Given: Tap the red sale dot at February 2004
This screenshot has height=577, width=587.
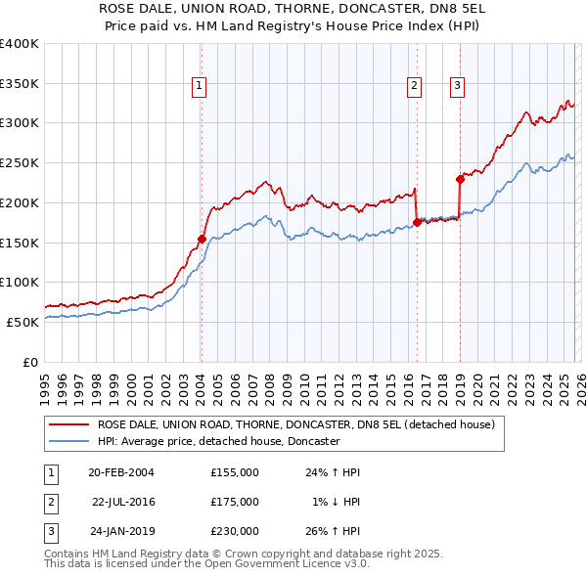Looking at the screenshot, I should [x=202, y=238].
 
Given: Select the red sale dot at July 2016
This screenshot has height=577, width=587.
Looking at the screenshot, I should [x=417, y=222].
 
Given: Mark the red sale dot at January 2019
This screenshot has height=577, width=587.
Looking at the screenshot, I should [x=460, y=178].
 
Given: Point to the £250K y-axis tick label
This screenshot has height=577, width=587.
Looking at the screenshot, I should [x=19, y=163].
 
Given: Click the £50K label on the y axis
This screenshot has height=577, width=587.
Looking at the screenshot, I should [x=22, y=322].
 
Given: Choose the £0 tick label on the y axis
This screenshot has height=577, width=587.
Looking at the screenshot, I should [x=31, y=362].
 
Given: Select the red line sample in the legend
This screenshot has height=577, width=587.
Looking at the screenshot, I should [x=68, y=425].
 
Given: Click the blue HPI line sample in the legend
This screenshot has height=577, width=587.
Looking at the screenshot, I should [x=68, y=442].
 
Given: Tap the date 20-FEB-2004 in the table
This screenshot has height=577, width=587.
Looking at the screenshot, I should [x=121, y=472].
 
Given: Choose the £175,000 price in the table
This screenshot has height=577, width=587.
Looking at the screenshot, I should [x=235, y=502].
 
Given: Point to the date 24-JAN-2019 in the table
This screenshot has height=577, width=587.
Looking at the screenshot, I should [x=121, y=531].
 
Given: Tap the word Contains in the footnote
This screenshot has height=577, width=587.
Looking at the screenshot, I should [x=68, y=554].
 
